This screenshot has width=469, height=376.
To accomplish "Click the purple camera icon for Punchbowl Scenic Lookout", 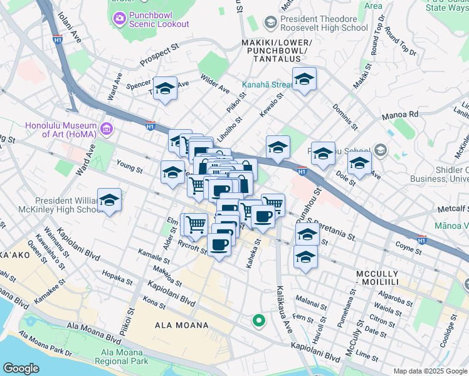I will tap(119, 19).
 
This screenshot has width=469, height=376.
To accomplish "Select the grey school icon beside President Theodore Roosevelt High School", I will tap(271, 23).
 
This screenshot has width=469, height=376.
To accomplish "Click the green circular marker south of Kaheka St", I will tap(258, 321).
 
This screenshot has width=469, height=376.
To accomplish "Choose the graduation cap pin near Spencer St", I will tap(165, 88).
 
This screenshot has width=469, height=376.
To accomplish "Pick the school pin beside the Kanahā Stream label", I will tap(304, 79).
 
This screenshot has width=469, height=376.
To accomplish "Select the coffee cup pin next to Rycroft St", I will tap(219, 244).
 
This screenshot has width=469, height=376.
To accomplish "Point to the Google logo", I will tap(21, 368).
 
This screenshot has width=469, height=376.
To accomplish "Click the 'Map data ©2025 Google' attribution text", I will tap(429, 371).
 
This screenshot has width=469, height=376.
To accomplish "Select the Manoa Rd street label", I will tap(399, 115).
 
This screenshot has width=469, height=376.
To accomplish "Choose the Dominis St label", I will tap(345, 117).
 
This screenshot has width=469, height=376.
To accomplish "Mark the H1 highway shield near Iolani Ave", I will tap(58, 39).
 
